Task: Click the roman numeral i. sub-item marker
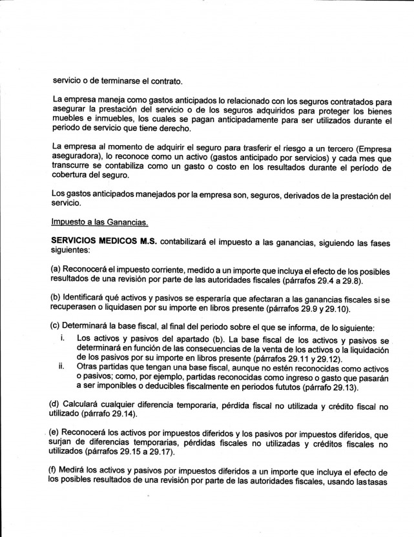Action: pyautogui.click(x=60, y=339)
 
